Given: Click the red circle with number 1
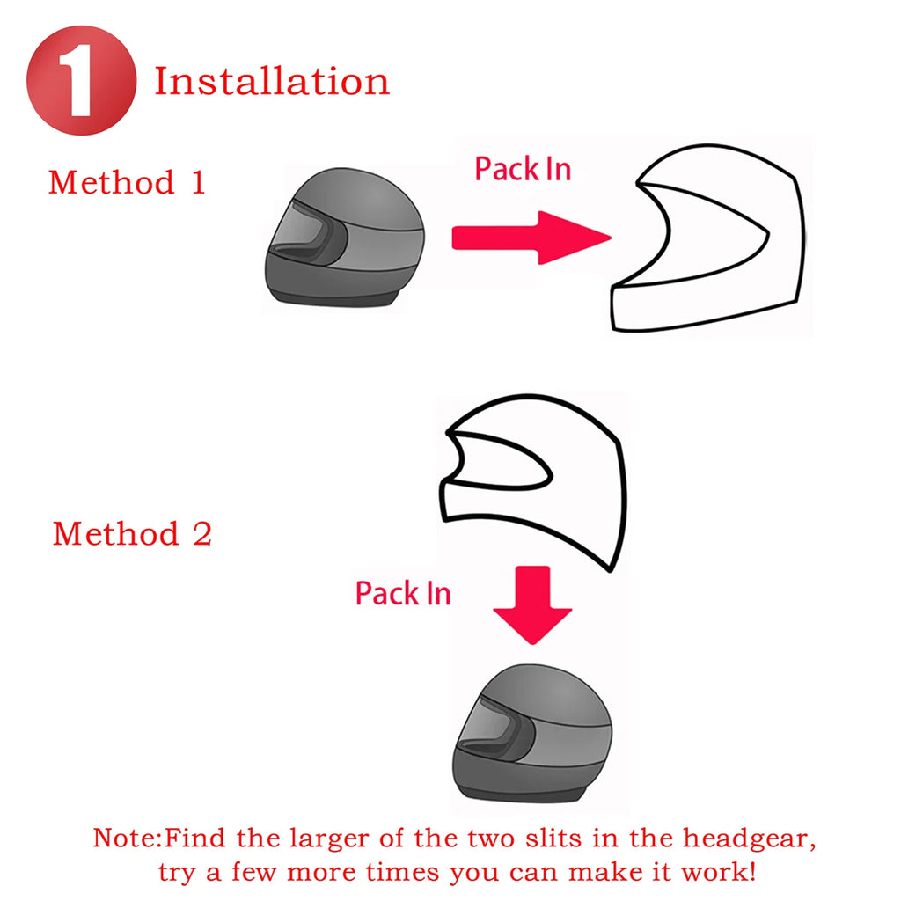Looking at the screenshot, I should click(x=81, y=81).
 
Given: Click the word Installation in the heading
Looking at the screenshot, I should click(x=272, y=81).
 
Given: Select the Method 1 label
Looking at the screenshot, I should click(x=127, y=182).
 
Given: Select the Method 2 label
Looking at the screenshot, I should click(x=132, y=533).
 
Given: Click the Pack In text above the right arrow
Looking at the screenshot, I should click(x=523, y=168).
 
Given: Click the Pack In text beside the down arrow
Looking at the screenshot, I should click(x=403, y=593).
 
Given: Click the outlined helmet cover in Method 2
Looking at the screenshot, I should click(x=537, y=475).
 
